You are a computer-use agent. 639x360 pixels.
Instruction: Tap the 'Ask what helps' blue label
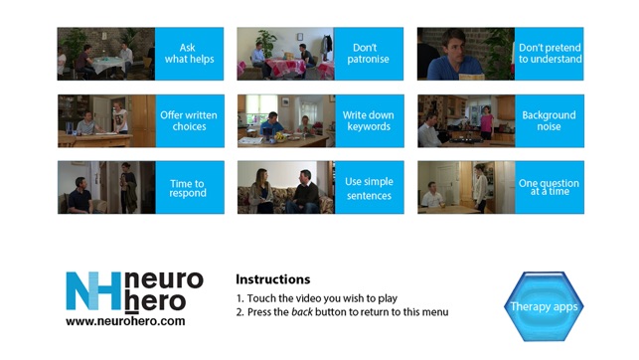pyautogui.click(x=189, y=54)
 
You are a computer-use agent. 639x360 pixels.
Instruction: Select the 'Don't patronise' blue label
pyautogui.click(x=369, y=54)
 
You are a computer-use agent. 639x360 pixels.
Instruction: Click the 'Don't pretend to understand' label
pyautogui.click(x=549, y=54)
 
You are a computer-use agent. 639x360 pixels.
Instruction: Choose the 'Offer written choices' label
pyautogui.click(x=190, y=121)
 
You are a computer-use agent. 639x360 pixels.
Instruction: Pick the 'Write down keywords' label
pyautogui.click(x=370, y=121)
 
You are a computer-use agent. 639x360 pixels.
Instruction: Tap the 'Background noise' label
pyautogui.click(x=550, y=121)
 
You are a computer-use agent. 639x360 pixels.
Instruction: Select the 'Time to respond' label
pyautogui.click(x=190, y=188)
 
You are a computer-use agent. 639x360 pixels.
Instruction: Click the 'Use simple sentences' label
pyautogui.click(x=370, y=188)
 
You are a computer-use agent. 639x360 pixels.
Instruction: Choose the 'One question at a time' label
pyautogui.click(x=550, y=188)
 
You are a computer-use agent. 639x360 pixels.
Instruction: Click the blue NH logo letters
pyautogui.click(x=93, y=290)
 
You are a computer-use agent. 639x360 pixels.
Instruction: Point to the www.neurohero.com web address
pyautogui.click(x=125, y=321)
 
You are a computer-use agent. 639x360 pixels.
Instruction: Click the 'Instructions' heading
pyautogui.click(x=272, y=279)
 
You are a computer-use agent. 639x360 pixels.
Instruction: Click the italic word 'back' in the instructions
pyautogui.click(x=302, y=312)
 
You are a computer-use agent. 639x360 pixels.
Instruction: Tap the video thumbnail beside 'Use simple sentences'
pyautogui.click(x=286, y=188)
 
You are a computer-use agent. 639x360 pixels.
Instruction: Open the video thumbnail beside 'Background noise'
pyautogui.click(x=466, y=121)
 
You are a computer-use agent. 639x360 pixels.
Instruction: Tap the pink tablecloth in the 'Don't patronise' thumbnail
pyautogui.click(x=285, y=66)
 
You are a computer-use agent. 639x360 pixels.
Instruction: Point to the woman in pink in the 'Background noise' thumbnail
pyautogui.click(x=486, y=122)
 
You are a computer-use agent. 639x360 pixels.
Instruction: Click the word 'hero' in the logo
pyautogui.click(x=155, y=301)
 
